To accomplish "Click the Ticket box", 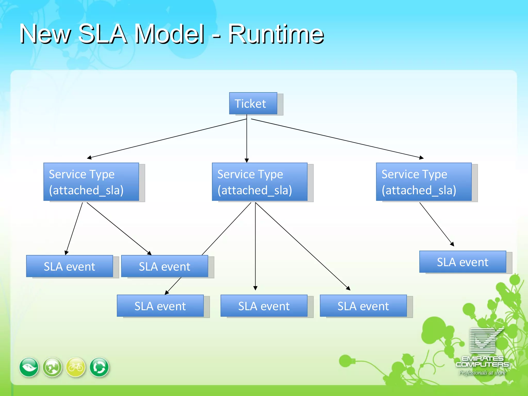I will (253, 103).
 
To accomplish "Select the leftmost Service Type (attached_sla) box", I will (91, 182).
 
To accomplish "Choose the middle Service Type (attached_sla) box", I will (259, 182).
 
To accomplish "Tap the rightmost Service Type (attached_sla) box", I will (424, 182).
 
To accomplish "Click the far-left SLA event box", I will (69, 266).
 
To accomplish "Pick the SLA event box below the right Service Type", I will (463, 262).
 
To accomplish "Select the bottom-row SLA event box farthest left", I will (160, 306).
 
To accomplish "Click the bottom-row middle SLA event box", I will (264, 306).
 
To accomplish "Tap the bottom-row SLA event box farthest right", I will (363, 306).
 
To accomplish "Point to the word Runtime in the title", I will (276, 34).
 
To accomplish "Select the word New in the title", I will (45, 34).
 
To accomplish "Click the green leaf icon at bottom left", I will (29, 367).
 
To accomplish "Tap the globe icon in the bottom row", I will (52, 367).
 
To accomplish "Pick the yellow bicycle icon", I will (76, 367).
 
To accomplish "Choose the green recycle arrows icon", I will (99, 367).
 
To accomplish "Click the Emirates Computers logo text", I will (482, 362).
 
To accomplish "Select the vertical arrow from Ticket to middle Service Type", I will (247, 139).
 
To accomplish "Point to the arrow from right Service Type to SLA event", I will (436, 224).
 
